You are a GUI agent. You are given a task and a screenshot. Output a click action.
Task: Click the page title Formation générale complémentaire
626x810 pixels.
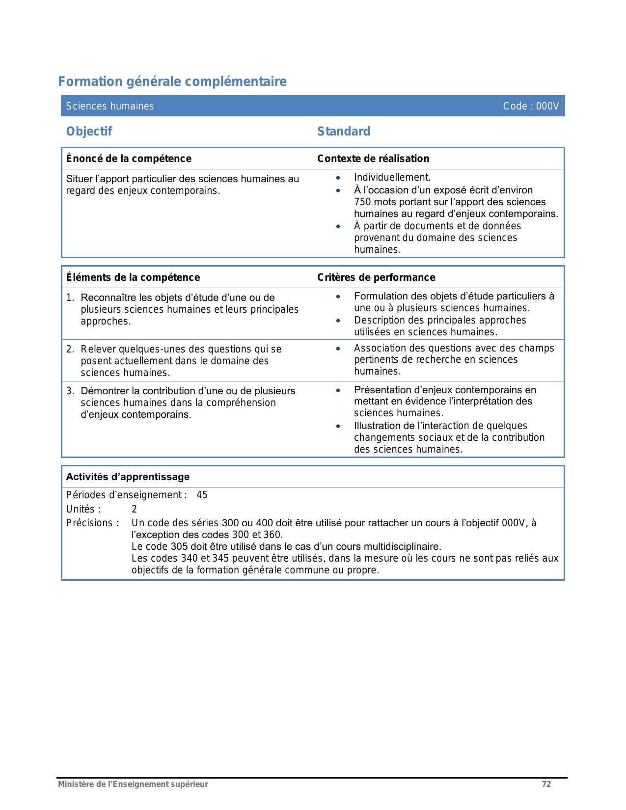(x=172, y=81)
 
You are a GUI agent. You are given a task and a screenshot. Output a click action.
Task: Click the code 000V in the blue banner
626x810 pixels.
(x=547, y=106)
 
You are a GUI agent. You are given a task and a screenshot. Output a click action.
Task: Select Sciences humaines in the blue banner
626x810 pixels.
(x=110, y=106)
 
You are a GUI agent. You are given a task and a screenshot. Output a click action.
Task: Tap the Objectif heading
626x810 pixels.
(x=89, y=132)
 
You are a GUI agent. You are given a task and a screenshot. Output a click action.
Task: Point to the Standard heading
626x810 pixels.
(x=344, y=132)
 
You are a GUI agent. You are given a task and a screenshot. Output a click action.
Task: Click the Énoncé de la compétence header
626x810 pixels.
(x=129, y=159)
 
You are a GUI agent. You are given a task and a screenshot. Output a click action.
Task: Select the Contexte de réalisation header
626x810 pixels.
(x=373, y=159)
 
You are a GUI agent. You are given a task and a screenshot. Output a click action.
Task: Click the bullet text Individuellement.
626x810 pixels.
(x=392, y=178)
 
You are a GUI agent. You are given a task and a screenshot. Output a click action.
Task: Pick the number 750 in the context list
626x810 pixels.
(x=362, y=202)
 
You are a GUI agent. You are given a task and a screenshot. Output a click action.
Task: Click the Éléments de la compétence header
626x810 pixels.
(x=133, y=277)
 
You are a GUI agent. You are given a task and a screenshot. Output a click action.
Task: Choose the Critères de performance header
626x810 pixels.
(x=376, y=277)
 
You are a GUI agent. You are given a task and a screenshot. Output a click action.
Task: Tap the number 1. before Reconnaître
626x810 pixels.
(x=70, y=298)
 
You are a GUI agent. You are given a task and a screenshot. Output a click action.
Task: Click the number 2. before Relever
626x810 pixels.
(x=70, y=350)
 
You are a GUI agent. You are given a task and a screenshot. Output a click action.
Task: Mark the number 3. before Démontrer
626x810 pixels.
(x=70, y=391)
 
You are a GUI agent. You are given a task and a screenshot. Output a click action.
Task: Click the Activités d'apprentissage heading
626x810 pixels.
(x=128, y=477)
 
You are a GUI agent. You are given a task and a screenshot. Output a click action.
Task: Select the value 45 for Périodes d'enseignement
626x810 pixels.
(x=202, y=495)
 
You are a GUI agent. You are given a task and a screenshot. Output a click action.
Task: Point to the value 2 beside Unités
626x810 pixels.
(x=134, y=510)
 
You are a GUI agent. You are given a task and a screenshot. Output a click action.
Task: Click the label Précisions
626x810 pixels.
(x=92, y=523)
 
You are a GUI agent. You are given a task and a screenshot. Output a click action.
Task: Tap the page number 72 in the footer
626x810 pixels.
(x=546, y=784)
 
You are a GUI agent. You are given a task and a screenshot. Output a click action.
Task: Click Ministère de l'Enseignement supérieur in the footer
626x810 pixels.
(x=133, y=784)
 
